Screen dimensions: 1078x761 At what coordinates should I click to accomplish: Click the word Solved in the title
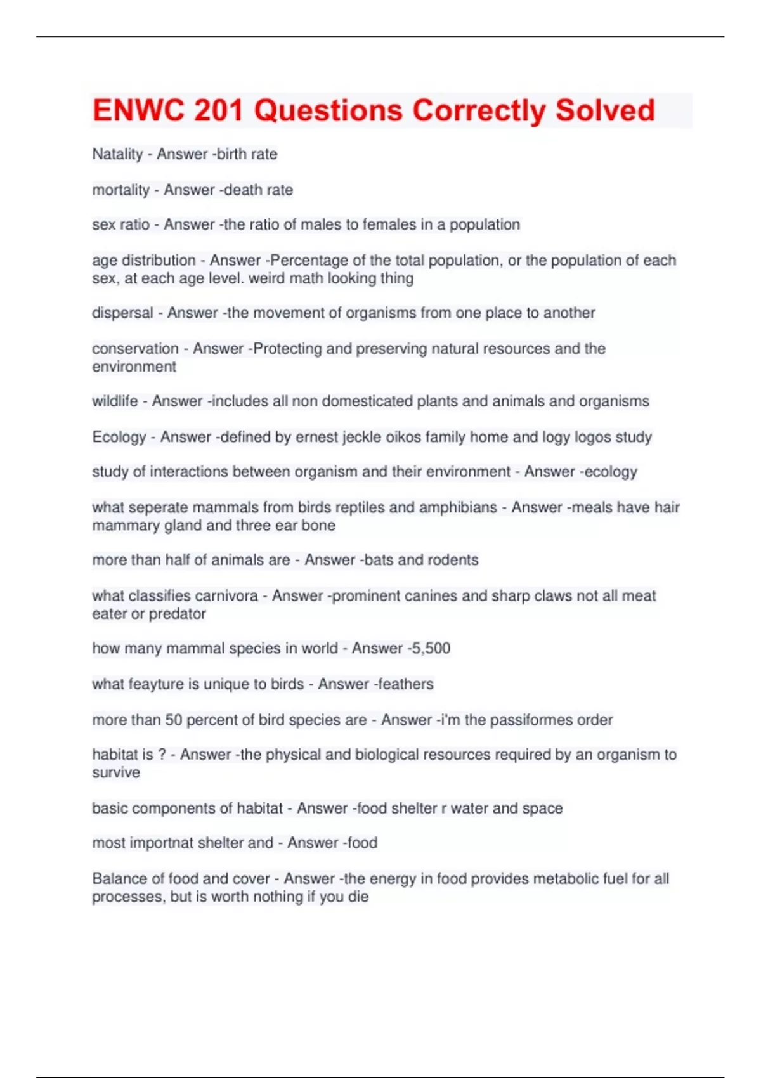605,110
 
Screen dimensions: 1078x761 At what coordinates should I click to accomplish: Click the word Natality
117,154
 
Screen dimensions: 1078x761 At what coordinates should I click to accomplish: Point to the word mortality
120,190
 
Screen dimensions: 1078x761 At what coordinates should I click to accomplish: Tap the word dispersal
122,313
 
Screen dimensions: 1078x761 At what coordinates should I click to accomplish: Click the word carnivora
226,595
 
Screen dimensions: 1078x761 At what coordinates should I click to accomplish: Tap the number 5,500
430,648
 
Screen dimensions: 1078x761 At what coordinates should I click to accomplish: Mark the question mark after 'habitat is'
162,755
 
